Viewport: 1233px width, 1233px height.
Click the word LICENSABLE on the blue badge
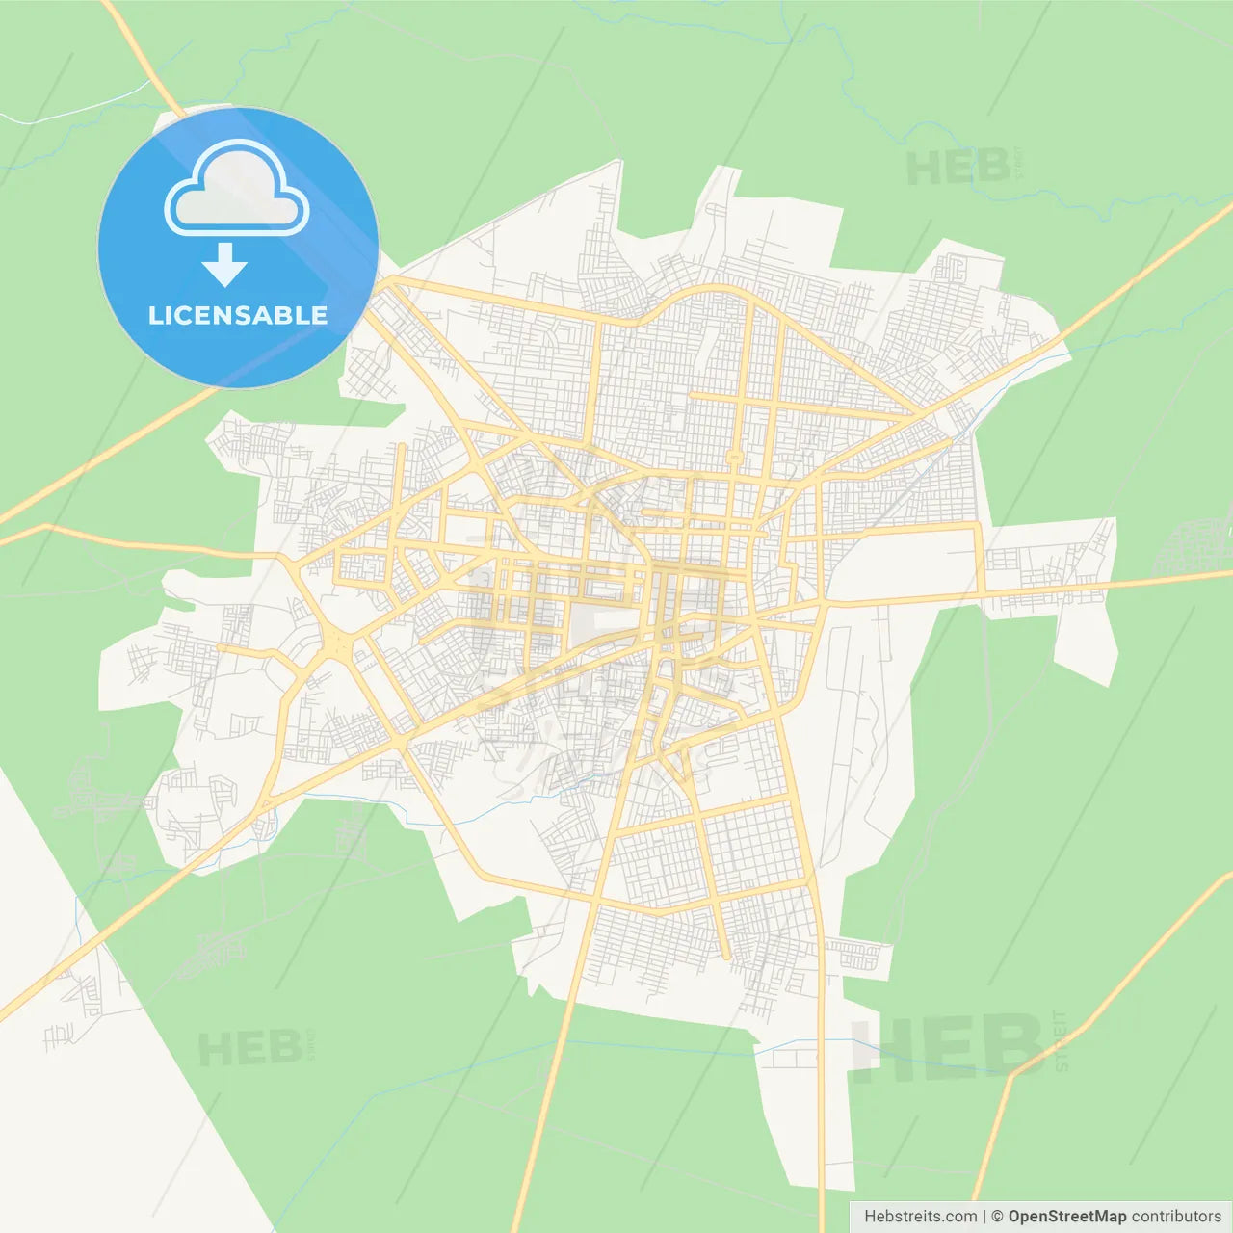pos(238,316)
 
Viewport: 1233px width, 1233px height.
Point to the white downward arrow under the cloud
pos(224,264)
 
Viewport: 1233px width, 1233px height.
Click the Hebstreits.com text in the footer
pos(920,1217)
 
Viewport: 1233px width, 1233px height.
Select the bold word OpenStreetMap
pos(1066,1217)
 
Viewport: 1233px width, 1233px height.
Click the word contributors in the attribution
pos(1176,1217)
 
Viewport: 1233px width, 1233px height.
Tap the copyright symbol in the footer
pos(997,1217)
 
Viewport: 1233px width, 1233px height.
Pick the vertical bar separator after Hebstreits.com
pos(984,1217)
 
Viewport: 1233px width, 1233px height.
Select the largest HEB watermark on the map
pos(948,1047)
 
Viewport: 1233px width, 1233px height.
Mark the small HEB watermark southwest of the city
pos(249,1048)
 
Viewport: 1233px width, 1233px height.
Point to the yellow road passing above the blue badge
pos(144,58)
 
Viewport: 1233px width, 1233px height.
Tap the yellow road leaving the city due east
pos(1156,582)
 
